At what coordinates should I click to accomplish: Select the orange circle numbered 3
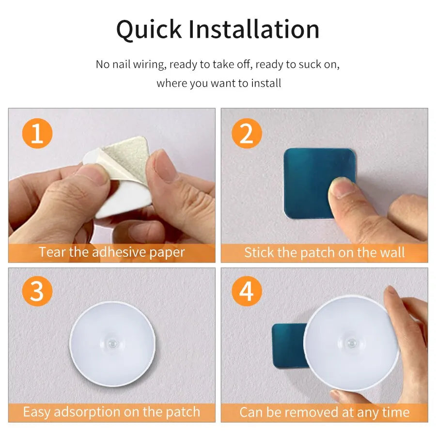point(37,292)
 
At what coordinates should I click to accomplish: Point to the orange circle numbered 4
point(247,292)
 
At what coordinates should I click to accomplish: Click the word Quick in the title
point(148,30)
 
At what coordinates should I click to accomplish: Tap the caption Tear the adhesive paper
point(111,252)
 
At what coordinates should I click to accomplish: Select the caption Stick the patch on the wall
point(324,252)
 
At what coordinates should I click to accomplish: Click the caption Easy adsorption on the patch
point(111,412)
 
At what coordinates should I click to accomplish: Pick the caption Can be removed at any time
point(324,412)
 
